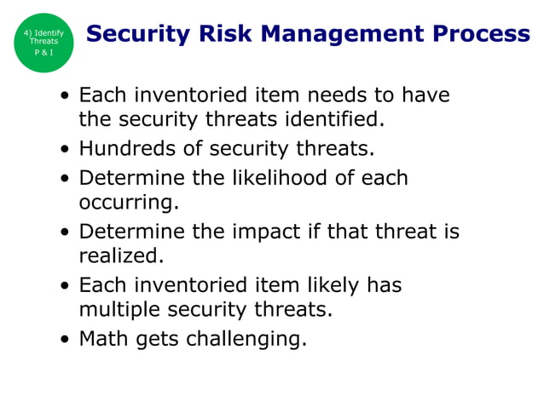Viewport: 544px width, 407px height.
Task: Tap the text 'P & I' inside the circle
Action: [43, 52]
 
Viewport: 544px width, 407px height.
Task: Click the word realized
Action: [120, 255]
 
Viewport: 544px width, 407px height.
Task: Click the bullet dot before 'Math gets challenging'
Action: [66, 340]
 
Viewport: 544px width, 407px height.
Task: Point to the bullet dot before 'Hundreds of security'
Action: [66, 150]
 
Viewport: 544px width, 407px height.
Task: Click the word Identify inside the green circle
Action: [49, 33]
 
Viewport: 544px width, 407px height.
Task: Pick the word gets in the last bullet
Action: [162, 339]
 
